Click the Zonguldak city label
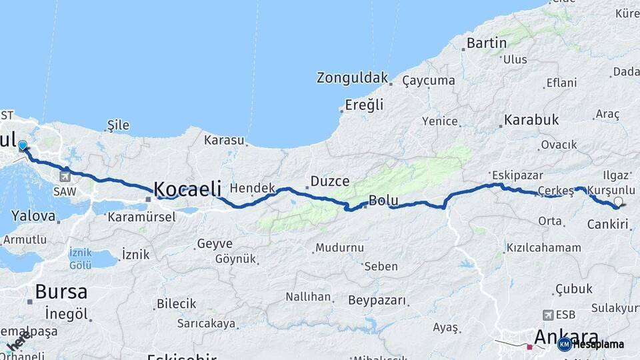point(352,78)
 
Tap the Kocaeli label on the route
point(187,189)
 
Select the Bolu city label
point(383,200)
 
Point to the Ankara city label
point(566,337)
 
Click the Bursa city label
point(61,291)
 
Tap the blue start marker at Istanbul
point(23,145)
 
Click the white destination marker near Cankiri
point(618,202)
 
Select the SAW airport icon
point(65,177)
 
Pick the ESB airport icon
point(549,315)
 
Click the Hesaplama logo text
point(598,344)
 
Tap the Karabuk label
point(531,121)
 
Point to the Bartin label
point(487,43)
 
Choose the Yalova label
point(33,216)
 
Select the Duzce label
point(329,181)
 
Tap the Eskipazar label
point(514,175)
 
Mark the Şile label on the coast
point(118,125)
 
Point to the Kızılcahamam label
point(543,248)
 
